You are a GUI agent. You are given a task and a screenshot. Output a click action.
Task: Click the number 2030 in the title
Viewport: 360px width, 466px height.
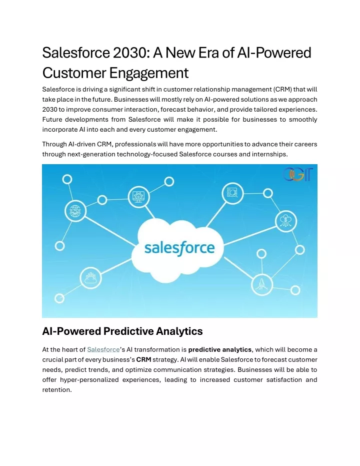129,53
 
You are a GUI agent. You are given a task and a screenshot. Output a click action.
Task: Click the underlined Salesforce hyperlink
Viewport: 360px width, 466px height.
103,349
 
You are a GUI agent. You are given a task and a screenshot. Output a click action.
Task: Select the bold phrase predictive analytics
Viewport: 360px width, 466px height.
220,349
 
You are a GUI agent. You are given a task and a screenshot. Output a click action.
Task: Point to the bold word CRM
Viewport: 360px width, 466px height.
143,359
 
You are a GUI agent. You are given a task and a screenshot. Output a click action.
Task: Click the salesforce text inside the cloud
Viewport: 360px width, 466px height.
179,248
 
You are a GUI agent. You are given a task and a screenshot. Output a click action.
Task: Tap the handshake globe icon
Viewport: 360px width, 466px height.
75,211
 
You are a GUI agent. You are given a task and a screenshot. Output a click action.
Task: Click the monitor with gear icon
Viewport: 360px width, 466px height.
138,197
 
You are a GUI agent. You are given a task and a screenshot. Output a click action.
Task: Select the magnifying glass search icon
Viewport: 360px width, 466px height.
232,193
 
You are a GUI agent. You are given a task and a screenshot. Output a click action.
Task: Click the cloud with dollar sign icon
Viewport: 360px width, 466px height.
286,221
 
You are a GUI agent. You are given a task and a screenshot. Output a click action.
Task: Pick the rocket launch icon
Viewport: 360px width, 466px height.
262,284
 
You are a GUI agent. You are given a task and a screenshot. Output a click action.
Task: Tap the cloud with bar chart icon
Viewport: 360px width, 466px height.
90,278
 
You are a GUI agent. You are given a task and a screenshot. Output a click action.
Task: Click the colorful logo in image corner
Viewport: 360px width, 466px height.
297,174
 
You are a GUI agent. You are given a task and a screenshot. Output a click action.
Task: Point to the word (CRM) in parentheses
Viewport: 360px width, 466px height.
282,90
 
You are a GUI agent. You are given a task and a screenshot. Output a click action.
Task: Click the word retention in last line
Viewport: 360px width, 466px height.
57,390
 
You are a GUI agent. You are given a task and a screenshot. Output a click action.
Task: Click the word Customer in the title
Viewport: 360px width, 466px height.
74,73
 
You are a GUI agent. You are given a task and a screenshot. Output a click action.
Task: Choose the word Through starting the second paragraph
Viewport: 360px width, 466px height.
54,145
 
